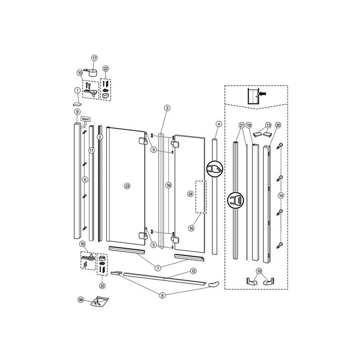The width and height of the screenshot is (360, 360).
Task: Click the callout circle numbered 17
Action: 94,58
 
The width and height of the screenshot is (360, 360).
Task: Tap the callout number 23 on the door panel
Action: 127,186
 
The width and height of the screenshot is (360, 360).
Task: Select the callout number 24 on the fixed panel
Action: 190,193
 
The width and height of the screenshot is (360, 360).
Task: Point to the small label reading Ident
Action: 86,120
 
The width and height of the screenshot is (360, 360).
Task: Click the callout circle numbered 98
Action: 81,300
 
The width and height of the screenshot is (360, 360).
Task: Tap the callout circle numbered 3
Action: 167,108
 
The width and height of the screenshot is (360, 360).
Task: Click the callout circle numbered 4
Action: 218,124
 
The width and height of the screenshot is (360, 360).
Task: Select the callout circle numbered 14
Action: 281,195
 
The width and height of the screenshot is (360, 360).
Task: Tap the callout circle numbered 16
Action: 168,186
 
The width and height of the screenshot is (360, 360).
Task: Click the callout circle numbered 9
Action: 77,112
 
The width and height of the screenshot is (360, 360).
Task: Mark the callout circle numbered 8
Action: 162,295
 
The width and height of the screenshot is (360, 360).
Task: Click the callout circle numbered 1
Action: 77,90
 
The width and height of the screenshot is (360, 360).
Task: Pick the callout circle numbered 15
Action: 191,229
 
